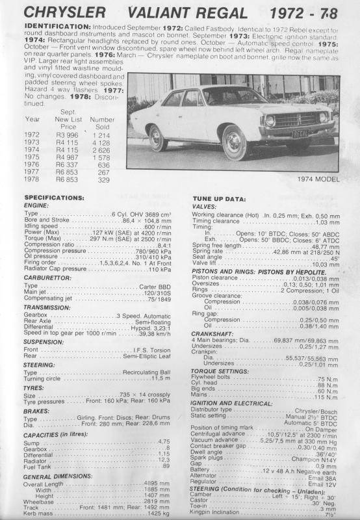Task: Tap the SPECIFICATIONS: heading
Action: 55,197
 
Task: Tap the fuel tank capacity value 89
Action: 166,466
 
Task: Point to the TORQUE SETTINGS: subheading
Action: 227,370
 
